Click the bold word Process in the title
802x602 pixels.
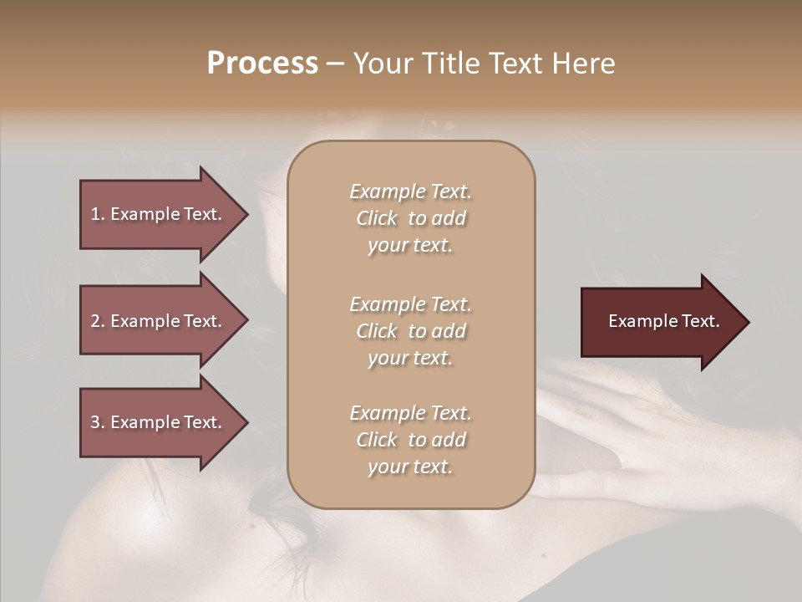pyautogui.click(x=262, y=64)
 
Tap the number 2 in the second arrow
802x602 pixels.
pyautogui.click(x=95, y=321)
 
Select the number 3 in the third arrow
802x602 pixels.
pyautogui.click(x=95, y=422)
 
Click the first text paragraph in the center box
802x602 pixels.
pyautogui.click(x=410, y=218)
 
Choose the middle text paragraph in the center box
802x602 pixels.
pyautogui.click(x=410, y=331)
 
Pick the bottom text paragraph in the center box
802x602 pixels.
pyautogui.click(x=410, y=440)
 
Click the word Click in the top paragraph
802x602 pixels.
pyautogui.click(x=377, y=218)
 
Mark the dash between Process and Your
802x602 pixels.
pyautogui.click(x=335, y=64)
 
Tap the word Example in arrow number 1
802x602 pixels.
pyautogui.click(x=144, y=214)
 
